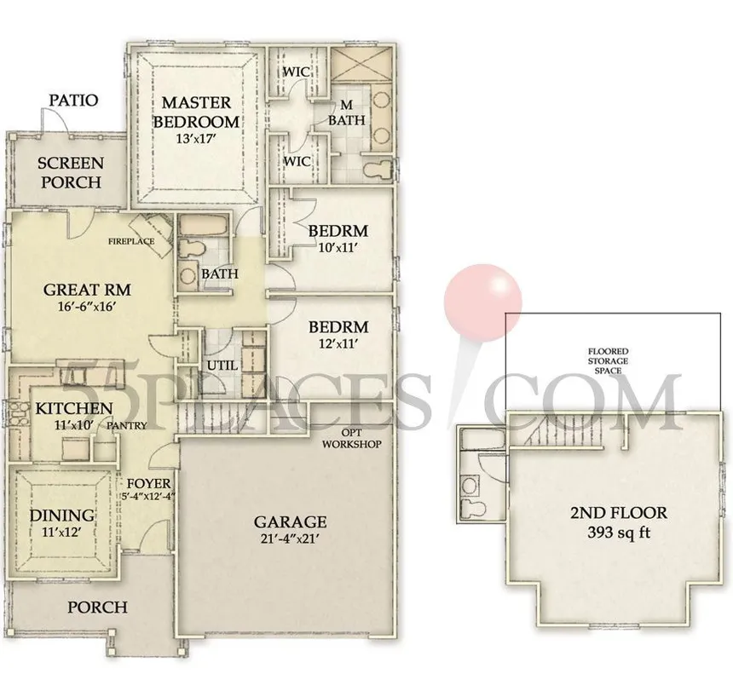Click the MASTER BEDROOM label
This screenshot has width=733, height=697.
click(x=195, y=112)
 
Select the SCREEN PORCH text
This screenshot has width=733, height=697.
click(x=69, y=172)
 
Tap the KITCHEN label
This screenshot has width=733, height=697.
click(x=73, y=409)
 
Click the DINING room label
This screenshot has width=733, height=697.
click(x=62, y=516)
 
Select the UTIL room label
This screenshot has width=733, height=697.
click(x=220, y=366)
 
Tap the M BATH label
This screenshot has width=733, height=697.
click(x=347, y=112)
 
